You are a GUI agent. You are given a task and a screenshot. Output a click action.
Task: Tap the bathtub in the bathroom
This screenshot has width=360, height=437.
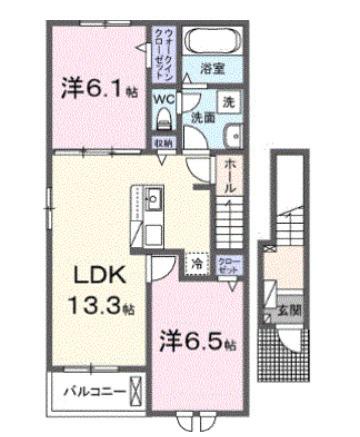pyautogui.click(x=211, y=44)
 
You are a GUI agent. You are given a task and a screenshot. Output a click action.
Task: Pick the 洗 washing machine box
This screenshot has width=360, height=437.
pyautogui.click(x=227, y=102)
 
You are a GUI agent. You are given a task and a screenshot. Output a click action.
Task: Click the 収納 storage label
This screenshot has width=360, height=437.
pyautogui.click(x=165, y=144)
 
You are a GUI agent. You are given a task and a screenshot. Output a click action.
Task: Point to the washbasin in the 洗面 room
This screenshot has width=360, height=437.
pyautogui.click(x=227, y=138)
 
